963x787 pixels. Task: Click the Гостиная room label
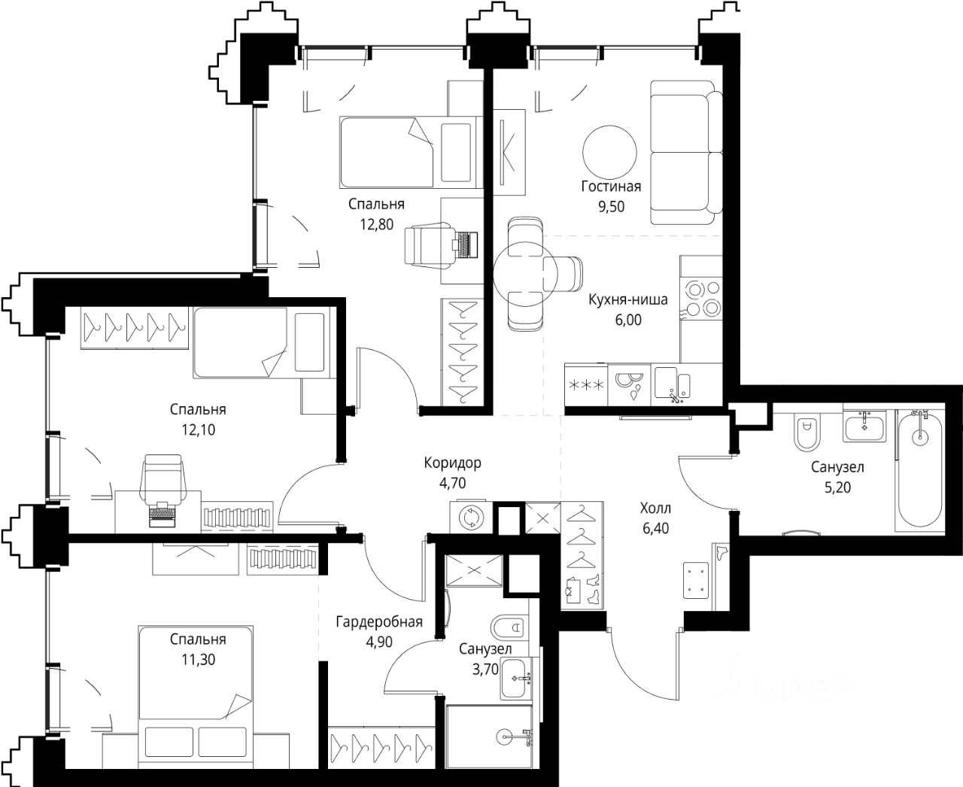(x=611, y=187)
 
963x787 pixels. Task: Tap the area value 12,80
(x=376, y=224)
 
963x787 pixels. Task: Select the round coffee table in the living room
(x=609, y=153)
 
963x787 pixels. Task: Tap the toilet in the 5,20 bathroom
(x=807, y=432)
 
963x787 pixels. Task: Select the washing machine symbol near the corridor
(x=470, y=518)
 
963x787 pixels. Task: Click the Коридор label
(x=452, y=463)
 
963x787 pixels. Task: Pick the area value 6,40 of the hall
(x=656, y=528)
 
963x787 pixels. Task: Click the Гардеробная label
(x=379, y=621)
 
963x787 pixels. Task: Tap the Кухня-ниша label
(x=628, y=299)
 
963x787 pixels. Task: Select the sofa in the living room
(x=686, y=153)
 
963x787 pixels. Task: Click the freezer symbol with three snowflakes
(x=586, y=384)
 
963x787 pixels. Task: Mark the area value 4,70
(x=452, y=483)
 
